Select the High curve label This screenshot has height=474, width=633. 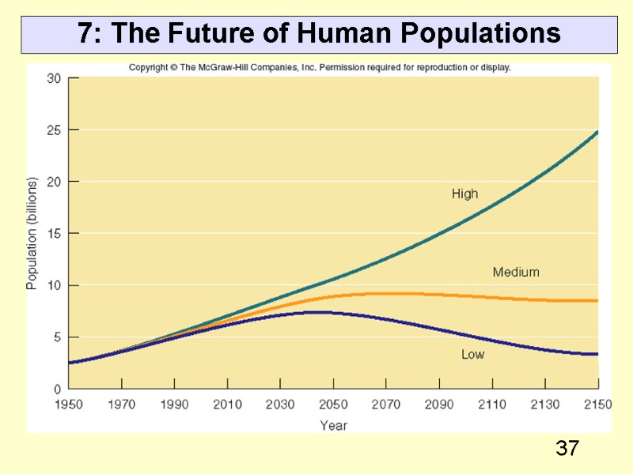[464, 194]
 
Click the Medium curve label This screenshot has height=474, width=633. [516, 273]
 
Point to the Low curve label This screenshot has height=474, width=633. [472, 355]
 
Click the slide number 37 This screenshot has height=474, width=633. [567, 450]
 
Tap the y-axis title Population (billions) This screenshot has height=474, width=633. [32, 233]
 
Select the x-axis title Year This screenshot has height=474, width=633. [333, 425]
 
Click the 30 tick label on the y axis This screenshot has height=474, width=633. [54, 78]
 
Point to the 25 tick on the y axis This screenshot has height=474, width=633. [54, 130]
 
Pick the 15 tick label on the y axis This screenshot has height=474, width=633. [54, 233]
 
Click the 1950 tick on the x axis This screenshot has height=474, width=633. [69, 405]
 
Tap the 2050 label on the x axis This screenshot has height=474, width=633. [333, 405]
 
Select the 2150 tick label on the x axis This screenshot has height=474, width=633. [597, 405]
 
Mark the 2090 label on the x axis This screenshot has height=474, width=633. [439, 405]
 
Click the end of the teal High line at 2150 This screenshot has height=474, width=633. [597, 132]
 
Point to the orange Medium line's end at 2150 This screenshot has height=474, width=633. [597, 301]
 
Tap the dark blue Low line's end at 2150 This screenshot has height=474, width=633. [597, 354]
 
